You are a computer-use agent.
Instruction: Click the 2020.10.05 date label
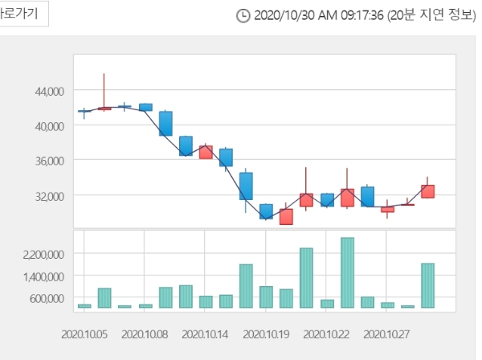pos(84,332)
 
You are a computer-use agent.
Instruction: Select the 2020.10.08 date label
pos(145,332)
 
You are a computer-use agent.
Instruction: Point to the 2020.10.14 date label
pos(206,332)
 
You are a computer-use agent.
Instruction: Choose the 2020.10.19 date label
pos(266,332)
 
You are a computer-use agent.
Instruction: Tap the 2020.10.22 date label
pos(327,332)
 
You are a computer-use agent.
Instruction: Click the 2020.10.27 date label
pos(387,332)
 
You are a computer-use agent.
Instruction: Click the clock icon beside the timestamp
pos(243,16)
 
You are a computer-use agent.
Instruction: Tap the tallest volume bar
pos(347,272)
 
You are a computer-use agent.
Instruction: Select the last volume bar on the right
pos(427,285)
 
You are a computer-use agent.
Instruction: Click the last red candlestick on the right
pos(427,191)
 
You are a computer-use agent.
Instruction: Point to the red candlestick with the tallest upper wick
pos(104,107)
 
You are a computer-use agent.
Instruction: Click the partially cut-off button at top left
pos(23,14)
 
